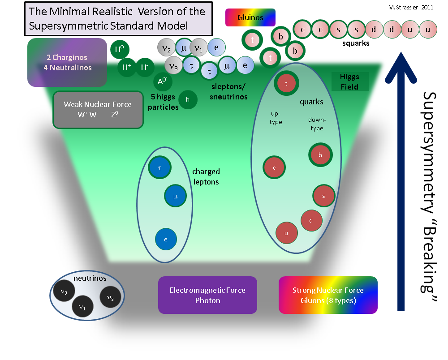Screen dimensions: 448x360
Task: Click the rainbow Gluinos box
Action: [x=250, y=17]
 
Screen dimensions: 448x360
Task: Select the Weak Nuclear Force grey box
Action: [x=98, y=110]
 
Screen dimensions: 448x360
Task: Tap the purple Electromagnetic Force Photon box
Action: [x=207, y=295]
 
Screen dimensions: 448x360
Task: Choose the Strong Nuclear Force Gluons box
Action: [x=328, y=295]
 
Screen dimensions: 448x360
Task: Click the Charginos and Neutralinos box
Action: [x=67, y=62]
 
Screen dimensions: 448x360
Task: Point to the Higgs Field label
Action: [x=350, y=81]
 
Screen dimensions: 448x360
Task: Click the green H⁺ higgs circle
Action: [x=127, y=67]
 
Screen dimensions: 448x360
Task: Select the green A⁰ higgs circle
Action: [x=163, y=81]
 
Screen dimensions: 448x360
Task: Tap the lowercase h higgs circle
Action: [x=188, y=100]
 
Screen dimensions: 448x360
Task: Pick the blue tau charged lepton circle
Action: [x=160, y=167]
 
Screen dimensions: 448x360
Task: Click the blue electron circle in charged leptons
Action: [x=166, y=239]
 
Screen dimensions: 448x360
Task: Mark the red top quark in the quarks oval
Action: [x=286, y=83]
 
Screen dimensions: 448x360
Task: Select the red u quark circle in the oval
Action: [x=287, y=233]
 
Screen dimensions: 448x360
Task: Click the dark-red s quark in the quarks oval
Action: [x=324, y=196]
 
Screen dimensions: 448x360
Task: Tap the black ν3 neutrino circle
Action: [x=64, y=291]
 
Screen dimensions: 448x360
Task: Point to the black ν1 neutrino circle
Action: [x=82, y=307]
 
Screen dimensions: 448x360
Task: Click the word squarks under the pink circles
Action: [x=356, y=43]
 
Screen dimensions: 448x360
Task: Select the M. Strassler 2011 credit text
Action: [x=411, y=8]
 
